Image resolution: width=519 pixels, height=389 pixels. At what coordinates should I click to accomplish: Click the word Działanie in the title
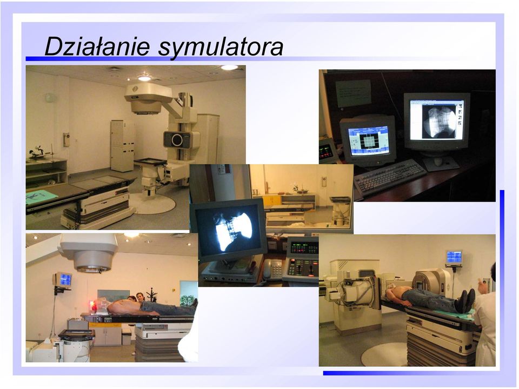point(97,46)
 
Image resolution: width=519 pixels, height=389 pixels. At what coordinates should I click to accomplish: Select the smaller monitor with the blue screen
point(368,140)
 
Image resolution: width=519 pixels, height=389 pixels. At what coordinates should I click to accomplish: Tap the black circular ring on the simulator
point(177,140)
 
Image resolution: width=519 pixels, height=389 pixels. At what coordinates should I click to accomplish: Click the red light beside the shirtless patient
point(94,305)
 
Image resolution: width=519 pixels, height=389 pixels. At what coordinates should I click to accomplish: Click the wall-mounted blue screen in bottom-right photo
point(454,257)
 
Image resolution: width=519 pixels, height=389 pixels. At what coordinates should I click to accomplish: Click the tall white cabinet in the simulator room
point(122,145)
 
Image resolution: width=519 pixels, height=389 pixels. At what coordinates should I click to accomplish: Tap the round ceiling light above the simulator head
point(144,78)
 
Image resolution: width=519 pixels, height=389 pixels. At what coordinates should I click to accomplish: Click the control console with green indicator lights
point(302,260)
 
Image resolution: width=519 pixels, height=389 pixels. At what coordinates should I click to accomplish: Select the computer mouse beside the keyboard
point(438,162)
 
